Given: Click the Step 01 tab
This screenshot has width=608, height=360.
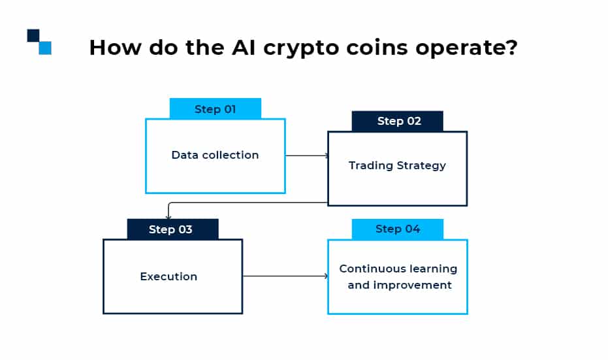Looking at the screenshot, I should pos(215,109).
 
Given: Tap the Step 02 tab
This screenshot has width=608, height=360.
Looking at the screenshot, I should pos(397,121).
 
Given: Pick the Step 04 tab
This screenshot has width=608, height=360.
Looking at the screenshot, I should pos(397,229).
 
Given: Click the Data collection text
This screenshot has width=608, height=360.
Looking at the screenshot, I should pos(215,155).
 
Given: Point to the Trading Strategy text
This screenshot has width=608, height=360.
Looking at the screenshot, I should pos(397,165).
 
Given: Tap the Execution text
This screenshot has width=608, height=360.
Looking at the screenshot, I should pos(168,276).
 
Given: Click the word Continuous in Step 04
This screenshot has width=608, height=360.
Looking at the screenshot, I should pos(368,269).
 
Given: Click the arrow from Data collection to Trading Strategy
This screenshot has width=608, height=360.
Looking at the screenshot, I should pos(306,155).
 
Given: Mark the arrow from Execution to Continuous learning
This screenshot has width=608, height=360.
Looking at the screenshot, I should pos(285,276).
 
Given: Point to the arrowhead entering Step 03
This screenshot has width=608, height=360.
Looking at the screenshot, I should pos(168,217).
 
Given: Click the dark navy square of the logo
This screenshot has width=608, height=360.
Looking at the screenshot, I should pos(33,35).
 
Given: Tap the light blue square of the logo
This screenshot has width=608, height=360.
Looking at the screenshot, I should pos(45,48).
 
